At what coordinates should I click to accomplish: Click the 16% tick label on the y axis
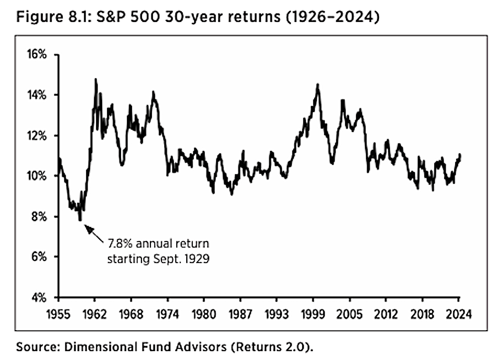click(x=37, y=55)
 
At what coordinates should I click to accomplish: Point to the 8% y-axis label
click(x=39, y=217)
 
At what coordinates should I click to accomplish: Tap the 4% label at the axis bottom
click(x=39, y=298)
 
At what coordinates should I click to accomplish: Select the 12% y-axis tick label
click(x=37, y=136)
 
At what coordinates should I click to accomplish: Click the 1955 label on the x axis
click(x=58, y=314)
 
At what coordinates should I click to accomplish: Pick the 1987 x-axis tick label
click(x=241, y=314)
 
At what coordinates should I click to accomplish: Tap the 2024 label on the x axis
click(x=459, y=314)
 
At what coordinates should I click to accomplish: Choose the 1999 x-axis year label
click(x=313, y=314)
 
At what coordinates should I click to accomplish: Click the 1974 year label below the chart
click(x=167, y=314)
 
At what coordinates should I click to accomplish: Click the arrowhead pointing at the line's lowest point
click(x=89, y=229)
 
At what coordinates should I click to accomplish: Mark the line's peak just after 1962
click(x=96, y=79)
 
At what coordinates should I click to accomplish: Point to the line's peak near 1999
click(x=318, y=85)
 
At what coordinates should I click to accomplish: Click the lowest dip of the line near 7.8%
click(x=80, y=220)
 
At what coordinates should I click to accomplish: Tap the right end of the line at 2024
click(x=460, y=155)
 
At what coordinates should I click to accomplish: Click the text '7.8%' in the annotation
click(x=120, y=243)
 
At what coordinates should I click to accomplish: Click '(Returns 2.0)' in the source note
click(x=271, y=347)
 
